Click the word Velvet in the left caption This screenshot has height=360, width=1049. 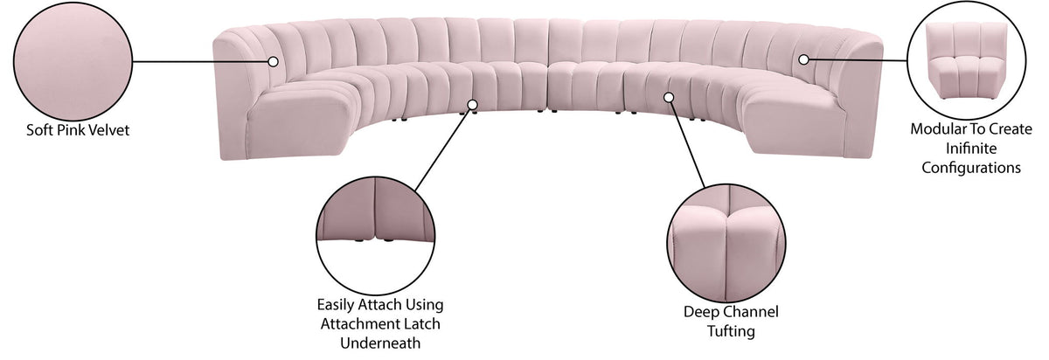[x=107, y=129]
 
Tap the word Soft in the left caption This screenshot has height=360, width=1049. [x=37, y=129]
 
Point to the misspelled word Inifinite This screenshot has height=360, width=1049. [x=971, y=149]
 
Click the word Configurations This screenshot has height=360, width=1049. [x=971, y=168]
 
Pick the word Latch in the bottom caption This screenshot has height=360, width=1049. [x=421, y=323]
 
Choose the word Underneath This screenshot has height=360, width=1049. [x=380, y=343]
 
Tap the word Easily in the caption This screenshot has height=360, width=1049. [x=336, y=305]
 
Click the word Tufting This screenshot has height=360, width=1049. [x=731, y=331]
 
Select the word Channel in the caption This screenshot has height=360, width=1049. [x=752, y=311]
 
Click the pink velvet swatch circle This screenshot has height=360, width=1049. [x=73, y=61]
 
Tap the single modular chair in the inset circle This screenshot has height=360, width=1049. [x=966, y=60]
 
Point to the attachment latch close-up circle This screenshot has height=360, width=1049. [x=376, y=237]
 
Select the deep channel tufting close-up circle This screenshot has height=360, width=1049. [x=726, y=244]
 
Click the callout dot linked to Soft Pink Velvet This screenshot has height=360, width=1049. [x=274, y=61]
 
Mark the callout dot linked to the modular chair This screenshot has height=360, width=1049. [x=803, y=59]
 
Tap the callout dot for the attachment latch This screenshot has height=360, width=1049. [x=473, y=104]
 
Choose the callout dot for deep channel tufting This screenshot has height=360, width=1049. [x=669, y=97]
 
